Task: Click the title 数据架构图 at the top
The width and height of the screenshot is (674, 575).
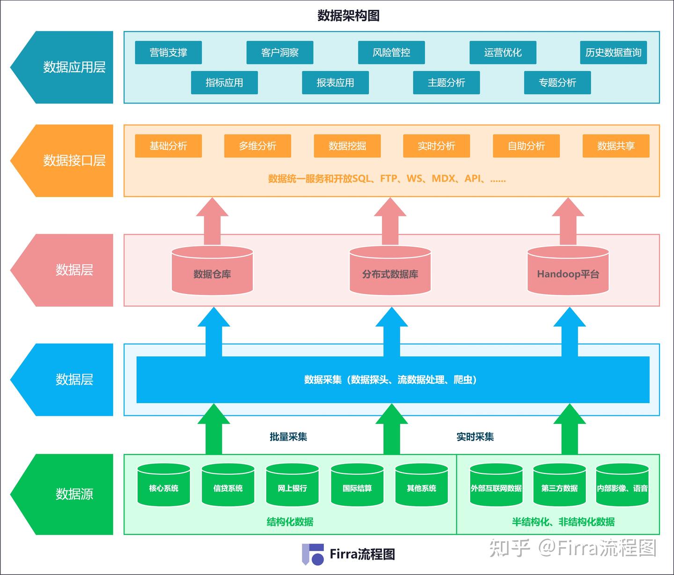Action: tap(348, 15)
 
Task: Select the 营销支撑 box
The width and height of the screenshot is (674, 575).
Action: tap(168, 52)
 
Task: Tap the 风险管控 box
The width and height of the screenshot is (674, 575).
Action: tap(391, 52)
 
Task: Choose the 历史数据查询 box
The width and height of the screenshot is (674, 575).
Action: tap(613, 52)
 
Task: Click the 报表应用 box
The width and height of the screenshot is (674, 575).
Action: tap(335, 82)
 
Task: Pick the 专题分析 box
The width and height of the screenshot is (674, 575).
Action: tap(557, 82)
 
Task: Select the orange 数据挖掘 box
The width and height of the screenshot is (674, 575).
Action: tap(347, 146)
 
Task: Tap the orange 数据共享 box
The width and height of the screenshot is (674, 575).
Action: tap(615, 146)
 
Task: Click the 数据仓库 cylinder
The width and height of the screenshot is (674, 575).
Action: tap(212, 273)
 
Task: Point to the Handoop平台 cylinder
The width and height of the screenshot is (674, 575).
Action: tap(568, 273)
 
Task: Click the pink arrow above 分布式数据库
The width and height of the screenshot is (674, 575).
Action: tap(390, 220)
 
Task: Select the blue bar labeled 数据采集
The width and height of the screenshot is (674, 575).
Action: tap(392, 380)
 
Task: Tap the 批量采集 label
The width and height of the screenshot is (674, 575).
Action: tap(288, 436)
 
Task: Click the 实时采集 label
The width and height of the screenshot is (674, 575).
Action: tap(475, 436)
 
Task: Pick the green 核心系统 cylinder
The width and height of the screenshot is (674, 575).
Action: tap(163, 487)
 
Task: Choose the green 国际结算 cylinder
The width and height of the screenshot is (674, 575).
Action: tap(357, 487)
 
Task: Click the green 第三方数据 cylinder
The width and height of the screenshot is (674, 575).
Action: tap(559, 487)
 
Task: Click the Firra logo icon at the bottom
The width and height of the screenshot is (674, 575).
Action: tap(313, 554)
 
